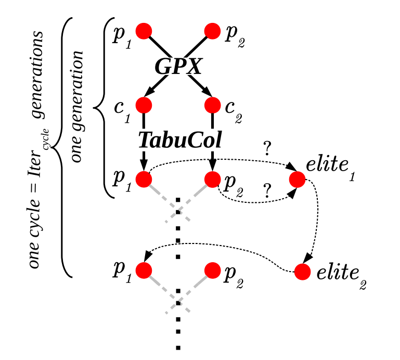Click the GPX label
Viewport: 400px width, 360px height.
178,67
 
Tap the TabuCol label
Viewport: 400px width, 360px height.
180,139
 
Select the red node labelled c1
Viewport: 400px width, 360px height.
144,105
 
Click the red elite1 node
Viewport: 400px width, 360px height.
297,180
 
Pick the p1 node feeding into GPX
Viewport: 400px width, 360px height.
144,31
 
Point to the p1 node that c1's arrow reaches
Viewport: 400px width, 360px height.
144,179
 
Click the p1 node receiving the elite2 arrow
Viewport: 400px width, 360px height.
144,271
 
